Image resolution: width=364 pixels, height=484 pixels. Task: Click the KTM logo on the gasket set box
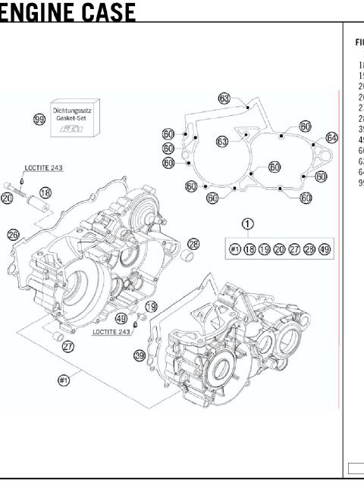pyautogui.click(x=73, y=130)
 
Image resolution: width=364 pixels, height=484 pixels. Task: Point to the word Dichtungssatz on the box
pyautogui.click(x=73, y=111)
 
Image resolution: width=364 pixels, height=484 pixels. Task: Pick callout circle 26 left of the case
pyautogui.click(x=13, y=235)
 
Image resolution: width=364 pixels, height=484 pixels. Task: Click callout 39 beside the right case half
pyautogui.click(x=140, y=355)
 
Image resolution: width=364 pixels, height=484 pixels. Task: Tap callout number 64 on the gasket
pyautogui.click(x=331, y=137)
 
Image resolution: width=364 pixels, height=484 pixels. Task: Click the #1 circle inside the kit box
pyautogui.click(x=235, y=249)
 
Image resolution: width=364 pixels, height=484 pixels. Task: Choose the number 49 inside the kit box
pyautogui.click(x=324, y=249)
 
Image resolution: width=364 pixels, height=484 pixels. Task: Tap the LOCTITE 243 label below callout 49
pyautogui.click(x=111, y=332)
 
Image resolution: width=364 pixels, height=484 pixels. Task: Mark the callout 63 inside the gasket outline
pyautogui.click(x=222, y=142)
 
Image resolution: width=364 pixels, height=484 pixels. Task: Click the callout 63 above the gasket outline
pyautogui.click(x=224, y=98)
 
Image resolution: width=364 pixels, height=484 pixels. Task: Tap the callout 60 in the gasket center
pyautogui.click(x=275, y=167)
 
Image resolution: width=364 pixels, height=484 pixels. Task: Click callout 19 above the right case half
pyautogui.click(x=151, y=307)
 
